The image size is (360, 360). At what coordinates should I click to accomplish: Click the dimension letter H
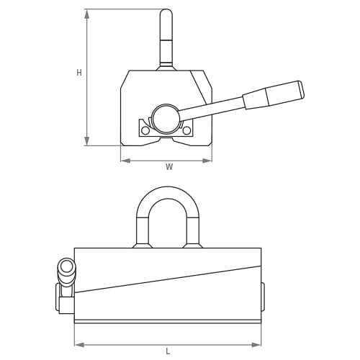(79, 73)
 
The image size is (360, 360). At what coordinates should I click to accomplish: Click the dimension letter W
(169, 167)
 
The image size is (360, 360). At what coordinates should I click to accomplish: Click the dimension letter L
(168, 352)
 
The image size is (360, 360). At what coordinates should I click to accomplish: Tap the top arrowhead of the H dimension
(87, 14)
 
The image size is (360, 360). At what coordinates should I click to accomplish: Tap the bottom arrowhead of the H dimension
(87, 141)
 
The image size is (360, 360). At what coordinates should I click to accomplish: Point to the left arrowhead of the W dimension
(125, 161)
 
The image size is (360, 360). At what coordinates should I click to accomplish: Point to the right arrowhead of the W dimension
(207, 161)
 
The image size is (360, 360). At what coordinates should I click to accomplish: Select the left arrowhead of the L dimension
(79, 345)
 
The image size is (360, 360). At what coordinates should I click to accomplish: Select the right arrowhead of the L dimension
(256, 345)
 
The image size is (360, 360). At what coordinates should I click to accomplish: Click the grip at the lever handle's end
(274, 94)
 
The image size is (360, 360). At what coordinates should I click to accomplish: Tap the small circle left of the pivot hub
(145, 130)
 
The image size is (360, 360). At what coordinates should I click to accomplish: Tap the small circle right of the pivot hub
(186, 130)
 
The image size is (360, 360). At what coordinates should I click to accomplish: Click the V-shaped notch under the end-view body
(166, 141)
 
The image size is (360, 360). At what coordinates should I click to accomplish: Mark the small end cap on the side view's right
(263, 297)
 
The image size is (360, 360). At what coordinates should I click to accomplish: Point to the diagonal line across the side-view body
(168, 279)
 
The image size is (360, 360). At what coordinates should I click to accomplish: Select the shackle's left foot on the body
(143, 246)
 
